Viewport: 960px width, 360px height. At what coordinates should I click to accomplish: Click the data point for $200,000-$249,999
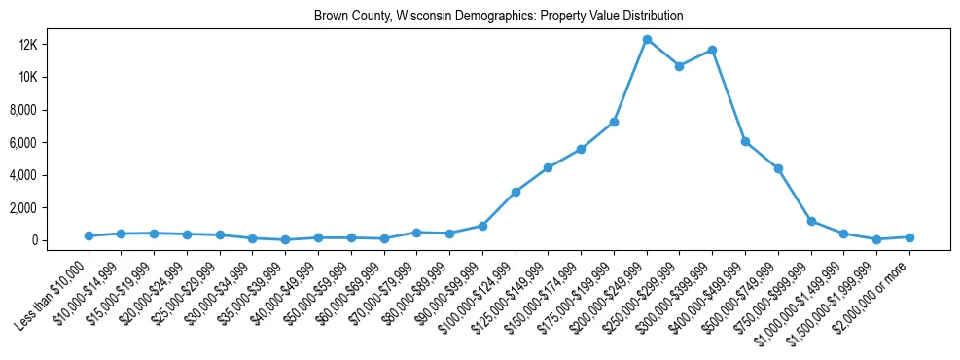tap(647, 40)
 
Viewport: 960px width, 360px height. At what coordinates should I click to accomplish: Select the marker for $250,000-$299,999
tap(679, 66)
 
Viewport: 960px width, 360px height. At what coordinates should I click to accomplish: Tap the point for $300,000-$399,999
tap(712, 50)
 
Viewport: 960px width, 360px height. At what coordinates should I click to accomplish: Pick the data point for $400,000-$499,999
tap(745, 141)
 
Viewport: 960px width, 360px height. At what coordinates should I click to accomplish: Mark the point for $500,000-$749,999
tap(778, 168)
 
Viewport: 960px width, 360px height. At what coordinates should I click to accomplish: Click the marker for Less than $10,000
tap(89, 235)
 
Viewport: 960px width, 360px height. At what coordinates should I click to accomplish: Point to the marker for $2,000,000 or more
tap(909, 237)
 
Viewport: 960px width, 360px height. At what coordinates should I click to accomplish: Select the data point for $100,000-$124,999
tap(516, 192)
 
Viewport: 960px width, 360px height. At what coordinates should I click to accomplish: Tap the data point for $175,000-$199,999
tap(614, 122)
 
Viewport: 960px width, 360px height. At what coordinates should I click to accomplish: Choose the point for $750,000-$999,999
tap(811, 221)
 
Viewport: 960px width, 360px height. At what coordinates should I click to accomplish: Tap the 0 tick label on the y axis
tap(60, 240)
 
